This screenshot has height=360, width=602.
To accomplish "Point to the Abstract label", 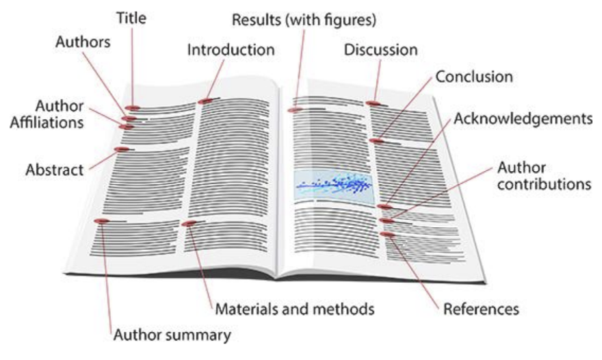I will pyautogui.click(x=54, y=168).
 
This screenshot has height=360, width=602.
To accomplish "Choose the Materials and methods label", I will pyautogui.click(x=295, y=309).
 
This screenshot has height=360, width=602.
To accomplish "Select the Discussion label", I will pyautogui.click(x=381, y=50).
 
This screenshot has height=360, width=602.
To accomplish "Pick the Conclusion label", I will pyautogui.click(x=474, y=76).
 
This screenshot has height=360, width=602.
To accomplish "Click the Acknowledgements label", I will pyautogui.click(x=523, y=119).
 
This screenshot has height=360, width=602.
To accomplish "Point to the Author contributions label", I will pyautogui.click(x=543, y=175).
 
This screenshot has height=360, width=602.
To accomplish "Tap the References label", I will pyautogui.click(x=481, y=309).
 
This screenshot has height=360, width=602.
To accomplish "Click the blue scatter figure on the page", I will pyautogui.click(x=334, y=185).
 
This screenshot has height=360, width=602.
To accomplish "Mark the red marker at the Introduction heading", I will pyautogui.click(x=205, y=101).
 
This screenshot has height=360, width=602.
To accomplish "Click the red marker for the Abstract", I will pyautogui.click(x=121, y=149).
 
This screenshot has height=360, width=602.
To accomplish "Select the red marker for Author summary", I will pyautogui.click(x=101, y=221).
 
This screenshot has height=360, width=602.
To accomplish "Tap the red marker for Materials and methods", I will pyautogui.click(x=189, y=224).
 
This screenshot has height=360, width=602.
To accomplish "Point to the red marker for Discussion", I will pyautogui.click(x=371, y=103).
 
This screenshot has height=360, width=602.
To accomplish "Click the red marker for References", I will pyautogui.click(x=387, y=234).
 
